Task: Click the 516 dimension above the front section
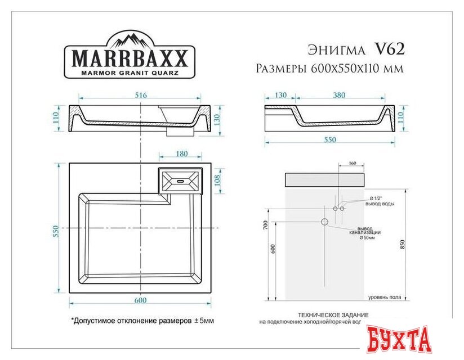coord(141,96)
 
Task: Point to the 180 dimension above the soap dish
coord(182,154)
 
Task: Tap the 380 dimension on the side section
coord(339,96)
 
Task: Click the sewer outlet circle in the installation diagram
coord(324,222)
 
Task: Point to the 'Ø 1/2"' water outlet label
coord(376,199)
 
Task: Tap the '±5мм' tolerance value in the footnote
coord(204,320)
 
